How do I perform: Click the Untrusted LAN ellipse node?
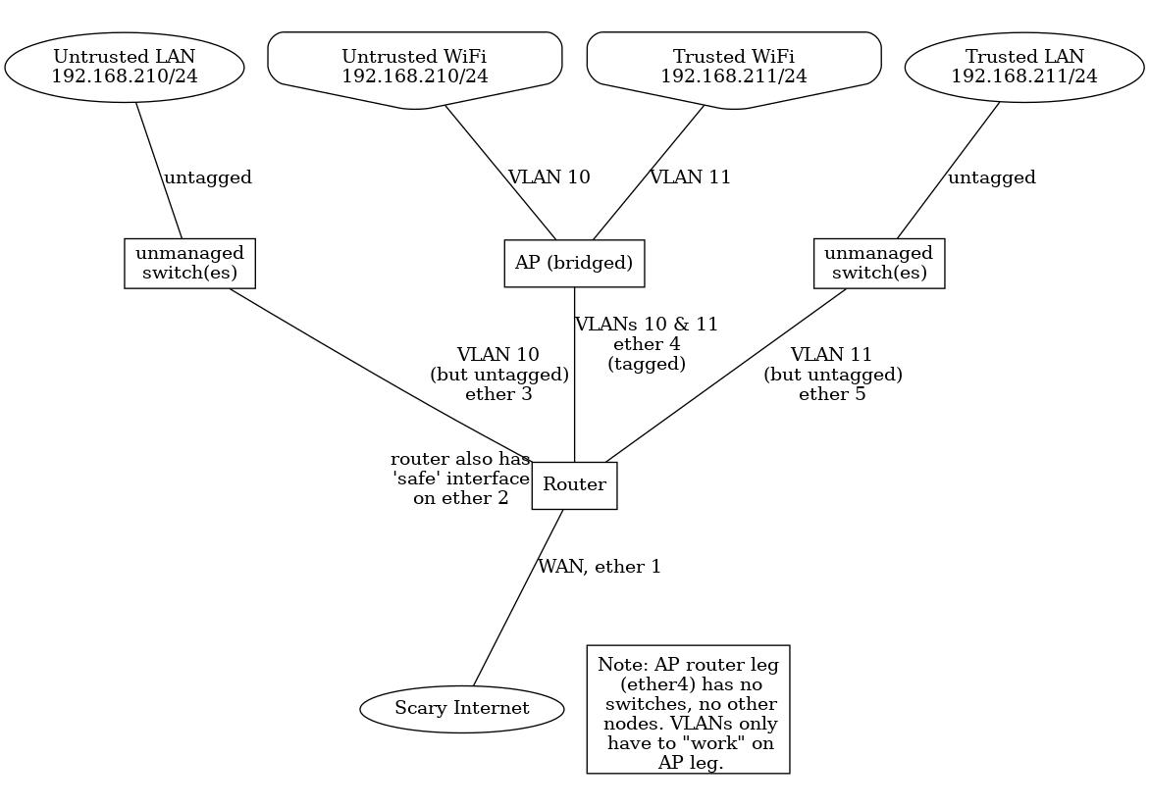(x=124, y=67)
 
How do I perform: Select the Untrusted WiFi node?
(x=414, y=67)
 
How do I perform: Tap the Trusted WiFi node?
(x=733, y=67)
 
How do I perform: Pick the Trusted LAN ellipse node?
(x=1023, y=67)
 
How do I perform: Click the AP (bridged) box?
(x=574, y=263)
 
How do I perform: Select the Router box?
(x=574, y=484)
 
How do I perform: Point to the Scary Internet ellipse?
(x=461, y=708)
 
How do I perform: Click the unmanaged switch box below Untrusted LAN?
(x=189, y=263)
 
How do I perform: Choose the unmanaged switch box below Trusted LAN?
(x=878, y=263)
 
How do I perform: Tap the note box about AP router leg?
(x=688, y=709)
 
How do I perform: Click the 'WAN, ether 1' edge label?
(x=600, y=567)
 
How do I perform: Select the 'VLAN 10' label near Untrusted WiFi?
(x=548, y=177)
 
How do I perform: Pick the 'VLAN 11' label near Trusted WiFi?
(x=690, y=177)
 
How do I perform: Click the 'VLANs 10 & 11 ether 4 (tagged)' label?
(x=646, y=343)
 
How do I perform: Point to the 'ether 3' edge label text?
(x=498, y=394)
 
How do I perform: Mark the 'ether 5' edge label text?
(x=832, y=394)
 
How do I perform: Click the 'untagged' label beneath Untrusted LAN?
(x=207, y=177)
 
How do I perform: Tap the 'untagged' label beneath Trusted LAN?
(x=991, y=177)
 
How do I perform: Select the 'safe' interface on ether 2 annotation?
(x=460, y=479)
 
